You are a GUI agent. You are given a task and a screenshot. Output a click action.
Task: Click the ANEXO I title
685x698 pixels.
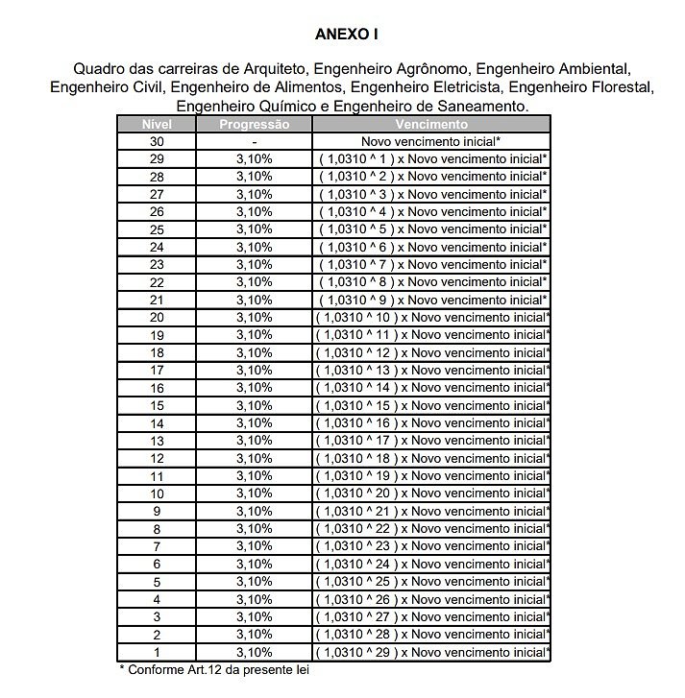pos(347,35)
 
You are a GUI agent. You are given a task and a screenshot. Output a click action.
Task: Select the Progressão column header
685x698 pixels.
pos(254,124)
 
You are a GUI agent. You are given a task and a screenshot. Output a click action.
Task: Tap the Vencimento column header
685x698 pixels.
pos(430,124)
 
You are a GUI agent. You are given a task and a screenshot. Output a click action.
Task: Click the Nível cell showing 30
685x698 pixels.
pos(157,141)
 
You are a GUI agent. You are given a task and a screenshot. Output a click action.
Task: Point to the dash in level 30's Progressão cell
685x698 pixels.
pos(254,141)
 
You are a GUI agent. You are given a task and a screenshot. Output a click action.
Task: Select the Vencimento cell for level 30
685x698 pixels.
pos(430,141)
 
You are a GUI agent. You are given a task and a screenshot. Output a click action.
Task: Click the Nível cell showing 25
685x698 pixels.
pos(157,229)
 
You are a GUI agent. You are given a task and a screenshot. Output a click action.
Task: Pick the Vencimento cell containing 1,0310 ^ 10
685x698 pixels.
pos(430,318)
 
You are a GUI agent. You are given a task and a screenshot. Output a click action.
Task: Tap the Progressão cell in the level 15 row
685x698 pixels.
pos(254,406)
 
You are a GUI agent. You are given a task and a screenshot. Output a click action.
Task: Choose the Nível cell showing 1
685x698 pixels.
pos(157,653)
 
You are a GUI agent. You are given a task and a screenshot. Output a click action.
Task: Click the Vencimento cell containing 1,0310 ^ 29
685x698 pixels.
pos(430,653)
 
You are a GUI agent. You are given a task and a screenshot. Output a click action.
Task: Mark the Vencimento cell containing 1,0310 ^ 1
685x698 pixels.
pos(430,158)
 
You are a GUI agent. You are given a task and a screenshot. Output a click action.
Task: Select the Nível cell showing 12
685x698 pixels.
pos(157,459)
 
